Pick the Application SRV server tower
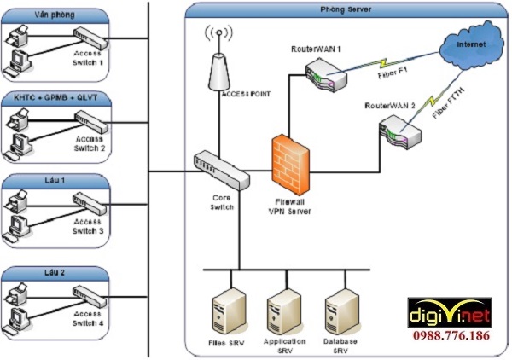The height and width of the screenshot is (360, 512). pos(284,308)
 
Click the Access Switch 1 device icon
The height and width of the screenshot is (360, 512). pos(89,38)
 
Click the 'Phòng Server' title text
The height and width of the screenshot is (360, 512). pos(345,9)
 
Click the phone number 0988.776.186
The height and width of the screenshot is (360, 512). pos(452,336)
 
